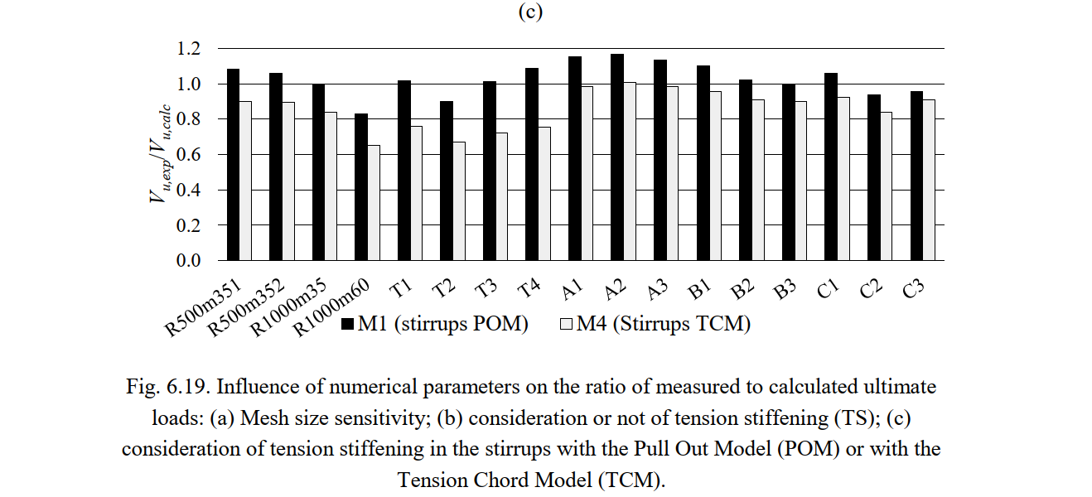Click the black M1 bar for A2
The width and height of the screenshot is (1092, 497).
(x=617, y=157)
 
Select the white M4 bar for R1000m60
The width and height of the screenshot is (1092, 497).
(x=374, y=203)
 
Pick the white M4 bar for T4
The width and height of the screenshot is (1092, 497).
(x=544, y=194)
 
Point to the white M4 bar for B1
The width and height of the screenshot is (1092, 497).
(x=716, y=176)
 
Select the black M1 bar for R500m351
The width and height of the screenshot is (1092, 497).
(x=233, y=165)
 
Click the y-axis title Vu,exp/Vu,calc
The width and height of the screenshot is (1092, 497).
(x=162, y=154)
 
